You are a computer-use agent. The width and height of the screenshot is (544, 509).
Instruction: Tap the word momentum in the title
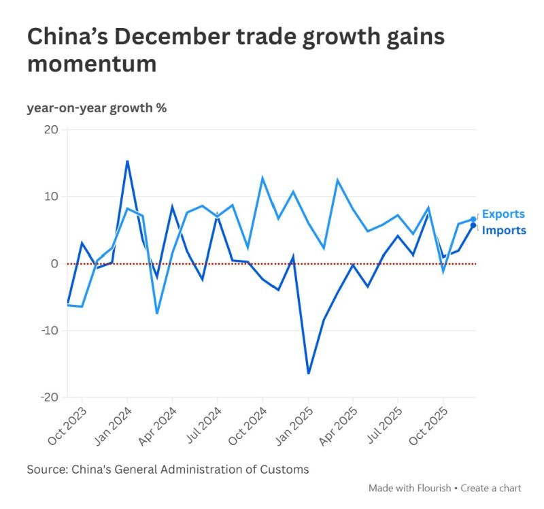[x=92, y=65]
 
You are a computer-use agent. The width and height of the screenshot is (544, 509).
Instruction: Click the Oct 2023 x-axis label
[x=68, y=427]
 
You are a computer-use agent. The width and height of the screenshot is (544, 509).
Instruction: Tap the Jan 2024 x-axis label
[x=113, y=427]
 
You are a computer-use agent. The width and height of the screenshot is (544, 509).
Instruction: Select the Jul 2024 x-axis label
[x=203, y=427]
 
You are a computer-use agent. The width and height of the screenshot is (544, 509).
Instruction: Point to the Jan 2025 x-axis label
[x=294, y=427]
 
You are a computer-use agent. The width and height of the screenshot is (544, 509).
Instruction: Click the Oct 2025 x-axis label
[x=428, y=427]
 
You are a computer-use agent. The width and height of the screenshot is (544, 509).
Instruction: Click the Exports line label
[x=503, y=214]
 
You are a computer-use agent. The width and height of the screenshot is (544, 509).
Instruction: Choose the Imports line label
[x=504, y=231]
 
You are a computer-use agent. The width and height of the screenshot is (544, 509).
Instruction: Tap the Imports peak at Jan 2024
[x=127, y=161]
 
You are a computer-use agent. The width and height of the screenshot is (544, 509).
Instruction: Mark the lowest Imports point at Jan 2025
[x=308, y=373]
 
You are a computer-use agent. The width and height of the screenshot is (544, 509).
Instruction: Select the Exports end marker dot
[x=473, y=219]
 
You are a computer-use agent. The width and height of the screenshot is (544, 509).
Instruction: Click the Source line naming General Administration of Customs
[x=168, y=470]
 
